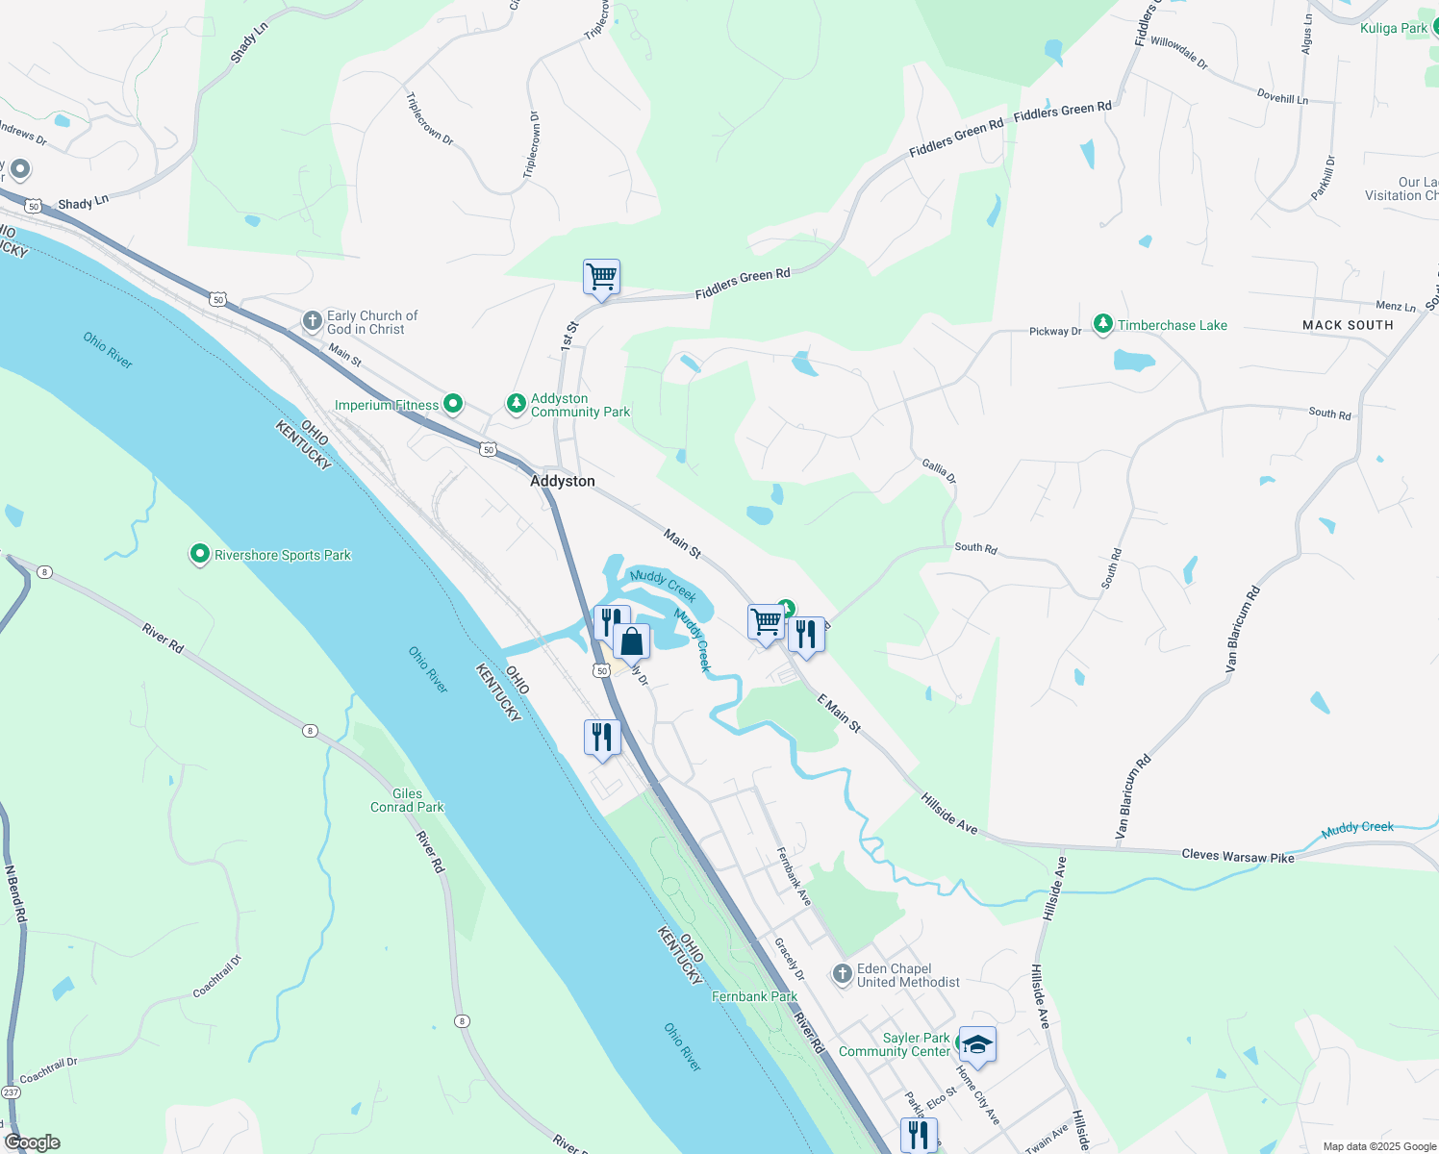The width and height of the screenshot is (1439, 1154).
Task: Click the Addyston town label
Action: click(563, 481)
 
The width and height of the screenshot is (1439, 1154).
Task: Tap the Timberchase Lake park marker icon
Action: click(1103, 324)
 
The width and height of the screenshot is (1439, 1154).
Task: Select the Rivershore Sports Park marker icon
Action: click(200, 554)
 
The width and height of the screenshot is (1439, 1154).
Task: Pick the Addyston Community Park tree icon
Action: click(517, 403)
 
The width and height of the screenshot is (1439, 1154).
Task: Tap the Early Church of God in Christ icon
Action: click(312, 321)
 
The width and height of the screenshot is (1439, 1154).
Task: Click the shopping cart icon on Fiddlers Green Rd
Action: click(601, 277)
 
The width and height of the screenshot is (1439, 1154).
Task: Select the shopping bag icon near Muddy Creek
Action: click(632, 641)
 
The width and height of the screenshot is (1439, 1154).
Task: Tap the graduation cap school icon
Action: click(977, 1045)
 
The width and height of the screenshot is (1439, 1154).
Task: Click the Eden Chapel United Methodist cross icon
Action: click(843, 975)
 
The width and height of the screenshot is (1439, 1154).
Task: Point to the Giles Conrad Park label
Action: click(407, 800)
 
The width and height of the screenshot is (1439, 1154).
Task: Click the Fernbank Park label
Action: click(754, 996)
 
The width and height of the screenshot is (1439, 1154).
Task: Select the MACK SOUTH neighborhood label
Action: click(1348, 325)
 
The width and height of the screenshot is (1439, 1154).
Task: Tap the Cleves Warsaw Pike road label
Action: click(1238, 855)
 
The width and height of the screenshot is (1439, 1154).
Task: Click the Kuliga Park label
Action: click(1394, 28)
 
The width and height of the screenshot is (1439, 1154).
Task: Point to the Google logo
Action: click(33, 1142)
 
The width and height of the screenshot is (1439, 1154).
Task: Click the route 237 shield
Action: click(11, 1092)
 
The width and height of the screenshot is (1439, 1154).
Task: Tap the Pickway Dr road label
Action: click(1055, 331)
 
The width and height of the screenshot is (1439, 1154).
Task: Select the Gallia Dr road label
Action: click(940, 471)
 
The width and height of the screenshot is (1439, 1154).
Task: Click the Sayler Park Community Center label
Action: click(895, 1044)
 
